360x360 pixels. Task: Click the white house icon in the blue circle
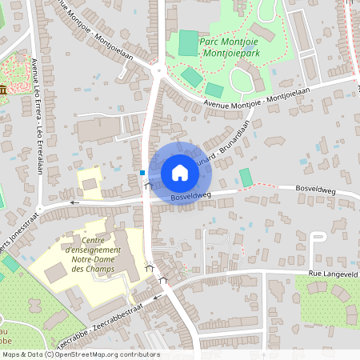point(179,173)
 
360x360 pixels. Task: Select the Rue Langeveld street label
point(332,273)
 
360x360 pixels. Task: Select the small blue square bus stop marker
point(142,172)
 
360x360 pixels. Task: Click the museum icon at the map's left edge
point(4,88)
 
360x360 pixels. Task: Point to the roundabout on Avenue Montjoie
point(157,70)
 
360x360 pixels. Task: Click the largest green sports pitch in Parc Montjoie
point(188,43)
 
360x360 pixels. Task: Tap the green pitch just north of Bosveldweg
point(246,177)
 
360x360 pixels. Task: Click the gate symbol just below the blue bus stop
point(146,186)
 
